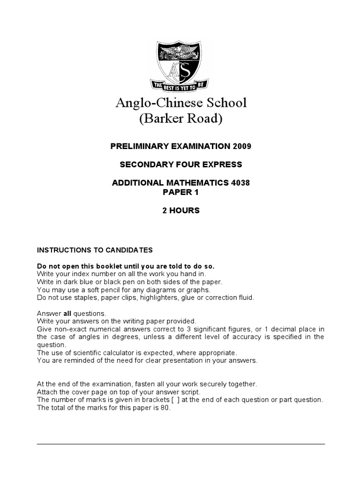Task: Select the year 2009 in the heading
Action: coord(242,146)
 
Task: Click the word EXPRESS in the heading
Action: coord(220,165)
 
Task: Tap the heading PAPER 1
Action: coord(180,192)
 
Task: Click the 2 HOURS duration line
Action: coord(180,210)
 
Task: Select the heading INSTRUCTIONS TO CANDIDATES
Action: coord(95,250)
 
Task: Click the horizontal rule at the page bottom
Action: coord(180,444)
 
